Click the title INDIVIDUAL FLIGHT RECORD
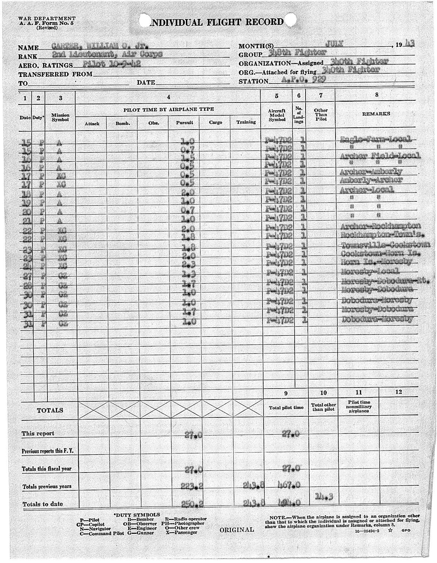217,22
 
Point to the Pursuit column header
184,123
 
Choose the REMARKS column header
376,113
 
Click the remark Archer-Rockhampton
380,226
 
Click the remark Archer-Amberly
371,171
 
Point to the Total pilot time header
286,408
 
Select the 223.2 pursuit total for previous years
192,486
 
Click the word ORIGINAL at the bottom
237,529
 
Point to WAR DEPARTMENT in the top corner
47,18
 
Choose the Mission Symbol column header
61,117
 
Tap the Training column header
246,122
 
